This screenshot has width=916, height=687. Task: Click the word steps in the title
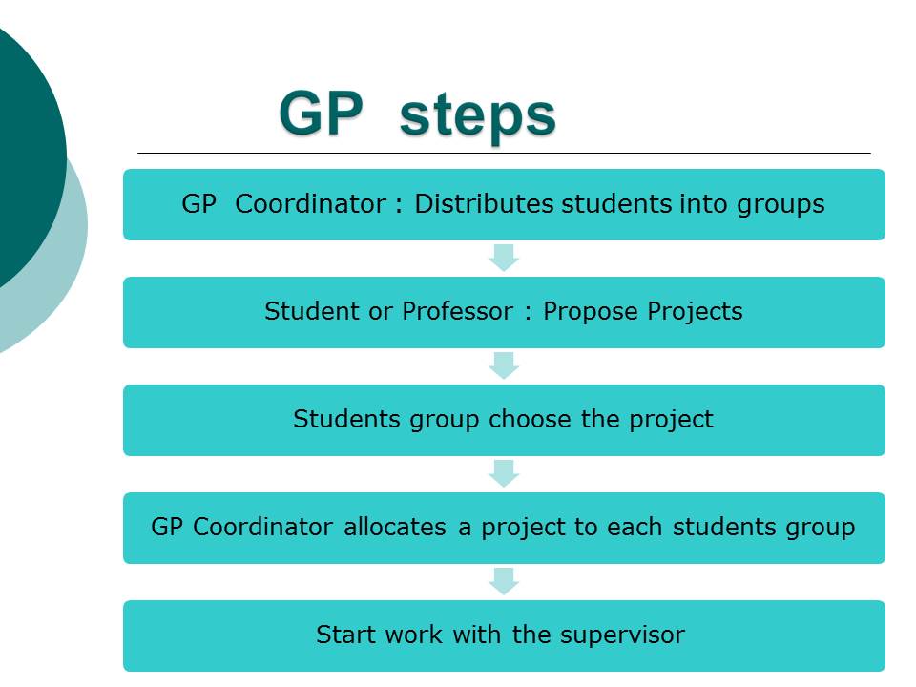pyautogui.click(x=477, y=116)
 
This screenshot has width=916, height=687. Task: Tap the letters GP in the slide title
pyautogui.click(x=321, y=113)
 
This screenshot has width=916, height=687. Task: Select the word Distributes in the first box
pyautogui.click(x=484, y=204)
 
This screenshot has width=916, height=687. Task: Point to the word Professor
pyautogui.click(x=457, y=311)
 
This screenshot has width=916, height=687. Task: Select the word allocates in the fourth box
pyautogui.click(x=395, y=527)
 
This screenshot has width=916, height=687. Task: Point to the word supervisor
pyautogui.click(x=622, y=636)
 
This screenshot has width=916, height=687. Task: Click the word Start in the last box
pyautogui.click(x=344, y=635)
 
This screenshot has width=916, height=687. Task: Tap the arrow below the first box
pyautogui.click(x=504, y=258)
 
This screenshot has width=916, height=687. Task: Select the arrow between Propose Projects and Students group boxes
pyautogui.click(x=504, y=365)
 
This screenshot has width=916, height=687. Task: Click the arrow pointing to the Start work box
pyautogui.click(x=504, y=581)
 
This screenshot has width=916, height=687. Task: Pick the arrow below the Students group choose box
pyautogui.click(x=504, y=473)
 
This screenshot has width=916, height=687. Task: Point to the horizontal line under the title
pyautogui.click(x=504, y=153)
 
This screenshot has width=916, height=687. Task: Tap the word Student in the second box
pyautogui.click(x=312, y=311)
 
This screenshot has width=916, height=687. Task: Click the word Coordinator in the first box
pyautogui.click(x=310, y=204)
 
